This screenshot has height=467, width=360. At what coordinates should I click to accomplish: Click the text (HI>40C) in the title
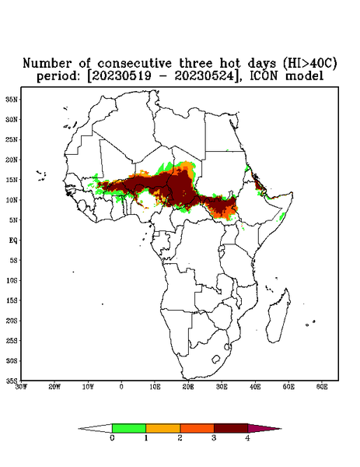[309, 63]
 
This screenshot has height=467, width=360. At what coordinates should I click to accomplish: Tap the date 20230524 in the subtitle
[204, 76]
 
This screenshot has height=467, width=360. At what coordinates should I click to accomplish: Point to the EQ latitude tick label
[13, 240]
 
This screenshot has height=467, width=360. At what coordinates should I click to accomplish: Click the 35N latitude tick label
[12, 99]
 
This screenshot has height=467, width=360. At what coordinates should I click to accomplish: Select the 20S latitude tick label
[12, 321]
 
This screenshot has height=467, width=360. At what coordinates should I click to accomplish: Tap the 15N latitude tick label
[12, 180]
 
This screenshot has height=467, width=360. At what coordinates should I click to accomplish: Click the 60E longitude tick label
[322, 387]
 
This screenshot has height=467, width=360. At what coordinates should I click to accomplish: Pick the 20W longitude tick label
[54, 387]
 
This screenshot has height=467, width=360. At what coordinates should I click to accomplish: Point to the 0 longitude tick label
[121, 387]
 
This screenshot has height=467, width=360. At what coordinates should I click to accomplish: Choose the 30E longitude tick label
[222, 387]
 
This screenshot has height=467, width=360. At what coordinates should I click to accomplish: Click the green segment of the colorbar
[129, 428]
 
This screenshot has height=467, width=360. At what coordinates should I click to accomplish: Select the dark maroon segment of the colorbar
[231, 428]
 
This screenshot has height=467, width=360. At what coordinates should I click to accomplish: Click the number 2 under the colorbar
[180, 437]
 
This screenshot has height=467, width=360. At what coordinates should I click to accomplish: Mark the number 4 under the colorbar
[247, 437]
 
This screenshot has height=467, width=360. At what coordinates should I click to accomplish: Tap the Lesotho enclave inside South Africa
[216, 359]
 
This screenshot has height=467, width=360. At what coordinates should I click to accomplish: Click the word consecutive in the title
[135, 63]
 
